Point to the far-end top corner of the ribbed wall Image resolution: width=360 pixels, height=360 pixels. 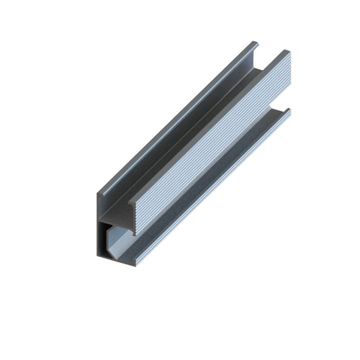pos(287,52)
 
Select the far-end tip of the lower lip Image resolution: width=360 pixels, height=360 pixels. pos(289,111)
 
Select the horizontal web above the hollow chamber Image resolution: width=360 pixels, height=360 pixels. pos(115,216)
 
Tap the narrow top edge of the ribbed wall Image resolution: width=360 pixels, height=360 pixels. pos(209,122)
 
